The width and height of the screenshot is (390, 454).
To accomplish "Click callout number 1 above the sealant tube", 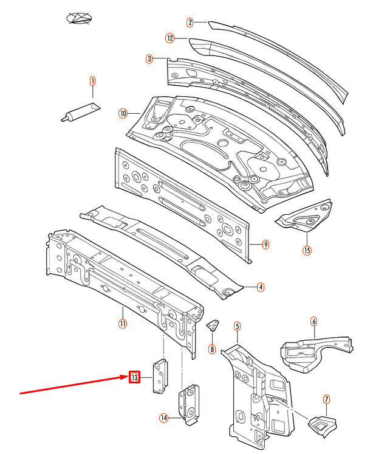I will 93,80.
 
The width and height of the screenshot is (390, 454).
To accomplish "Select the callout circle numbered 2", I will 190,23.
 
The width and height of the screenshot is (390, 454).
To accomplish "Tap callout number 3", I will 149,59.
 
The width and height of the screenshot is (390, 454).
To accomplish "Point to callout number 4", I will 260,287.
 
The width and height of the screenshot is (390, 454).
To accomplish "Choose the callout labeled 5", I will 237,327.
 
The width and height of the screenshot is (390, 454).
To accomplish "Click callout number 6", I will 313,321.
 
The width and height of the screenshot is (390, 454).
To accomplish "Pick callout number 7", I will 326,399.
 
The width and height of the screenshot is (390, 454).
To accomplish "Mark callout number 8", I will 211,349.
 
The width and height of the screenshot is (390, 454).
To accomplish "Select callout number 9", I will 265,245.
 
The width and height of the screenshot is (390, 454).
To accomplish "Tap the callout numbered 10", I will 123,113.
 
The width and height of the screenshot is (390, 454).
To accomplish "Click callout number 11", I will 122,323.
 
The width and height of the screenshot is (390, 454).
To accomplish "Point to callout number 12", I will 170,38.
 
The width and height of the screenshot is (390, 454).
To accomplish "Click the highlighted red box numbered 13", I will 134,378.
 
